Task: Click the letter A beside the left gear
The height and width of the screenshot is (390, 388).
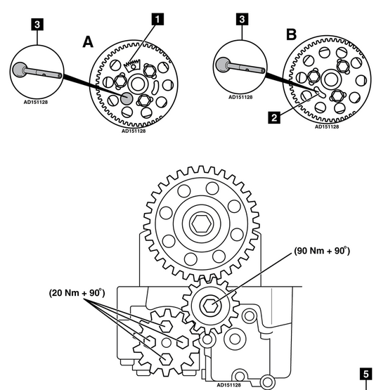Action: pyautogui.click(x=88, y=41)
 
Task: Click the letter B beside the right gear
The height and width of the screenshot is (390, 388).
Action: pyautogui.click(x=291, y=34)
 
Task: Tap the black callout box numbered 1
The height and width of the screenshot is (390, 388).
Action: pyautogui.click(x=157, y=20)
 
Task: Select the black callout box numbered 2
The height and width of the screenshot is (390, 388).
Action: pyautogui.click(x=274, y=117)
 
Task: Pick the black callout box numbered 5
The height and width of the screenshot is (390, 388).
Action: pyautogui.click(x=366, y=374)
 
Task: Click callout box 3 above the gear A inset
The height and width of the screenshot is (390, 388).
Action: pyautogui.click(x=37, y=25)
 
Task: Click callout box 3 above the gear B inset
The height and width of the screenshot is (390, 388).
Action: pyautogui.click(x=242, y=19)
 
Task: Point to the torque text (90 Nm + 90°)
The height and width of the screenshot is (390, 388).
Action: pyautogui.click(x=322, y=251)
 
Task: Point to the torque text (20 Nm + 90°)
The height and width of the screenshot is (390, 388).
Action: pyautogui.click(x=77, y=293)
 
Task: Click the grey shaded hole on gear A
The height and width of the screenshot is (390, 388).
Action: pyautogui.click(x=127, y=98)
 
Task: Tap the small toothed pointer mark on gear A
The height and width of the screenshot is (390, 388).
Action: pyautogui.click(x=132, y=65)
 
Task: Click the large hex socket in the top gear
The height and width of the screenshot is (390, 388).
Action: pyautogui.click(x=202, y=223)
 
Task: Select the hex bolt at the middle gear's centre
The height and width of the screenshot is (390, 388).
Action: pyautogui.click(x=210, y=306)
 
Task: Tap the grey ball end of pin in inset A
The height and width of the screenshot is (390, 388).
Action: pyautogui.click(x=20, y=70)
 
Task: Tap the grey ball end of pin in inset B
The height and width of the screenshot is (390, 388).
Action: pyautogui.click(x=223, y=65)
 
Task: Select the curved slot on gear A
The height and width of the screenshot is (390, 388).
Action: pyautogui.click(x=155, y=87)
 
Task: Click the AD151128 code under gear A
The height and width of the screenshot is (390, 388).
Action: pyautogui.click(x=134, y=131)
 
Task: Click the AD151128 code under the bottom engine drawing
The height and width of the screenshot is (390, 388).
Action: pyautogui.click(x=229, y=385)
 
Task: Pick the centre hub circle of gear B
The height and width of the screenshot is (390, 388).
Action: pyautogui.click(x=330, y=79)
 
